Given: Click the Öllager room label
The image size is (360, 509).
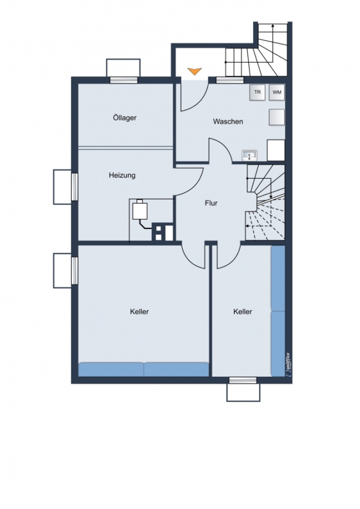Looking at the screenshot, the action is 125,118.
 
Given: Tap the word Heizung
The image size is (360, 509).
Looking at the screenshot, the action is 122,176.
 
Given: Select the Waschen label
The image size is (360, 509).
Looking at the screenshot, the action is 228,122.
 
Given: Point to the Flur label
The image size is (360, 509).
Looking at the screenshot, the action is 211,203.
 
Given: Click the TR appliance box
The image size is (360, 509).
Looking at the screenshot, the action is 258,92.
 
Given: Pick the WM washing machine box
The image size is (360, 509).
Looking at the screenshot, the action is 277,92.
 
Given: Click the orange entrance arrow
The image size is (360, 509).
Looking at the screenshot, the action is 195,71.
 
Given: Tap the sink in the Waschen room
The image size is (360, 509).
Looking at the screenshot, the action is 250,156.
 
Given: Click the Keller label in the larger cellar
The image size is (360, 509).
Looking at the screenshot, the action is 139,312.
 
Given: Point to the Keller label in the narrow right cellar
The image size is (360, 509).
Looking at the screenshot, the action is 243,312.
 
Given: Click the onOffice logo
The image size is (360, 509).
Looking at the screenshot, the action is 288,364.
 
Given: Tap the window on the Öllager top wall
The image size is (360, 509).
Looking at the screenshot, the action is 123,80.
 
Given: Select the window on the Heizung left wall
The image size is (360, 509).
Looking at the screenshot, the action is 75,187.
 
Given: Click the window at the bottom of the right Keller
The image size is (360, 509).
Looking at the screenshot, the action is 242,380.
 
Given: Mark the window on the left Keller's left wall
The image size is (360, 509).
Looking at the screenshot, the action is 75,271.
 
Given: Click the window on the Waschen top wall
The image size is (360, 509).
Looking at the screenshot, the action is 230,80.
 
